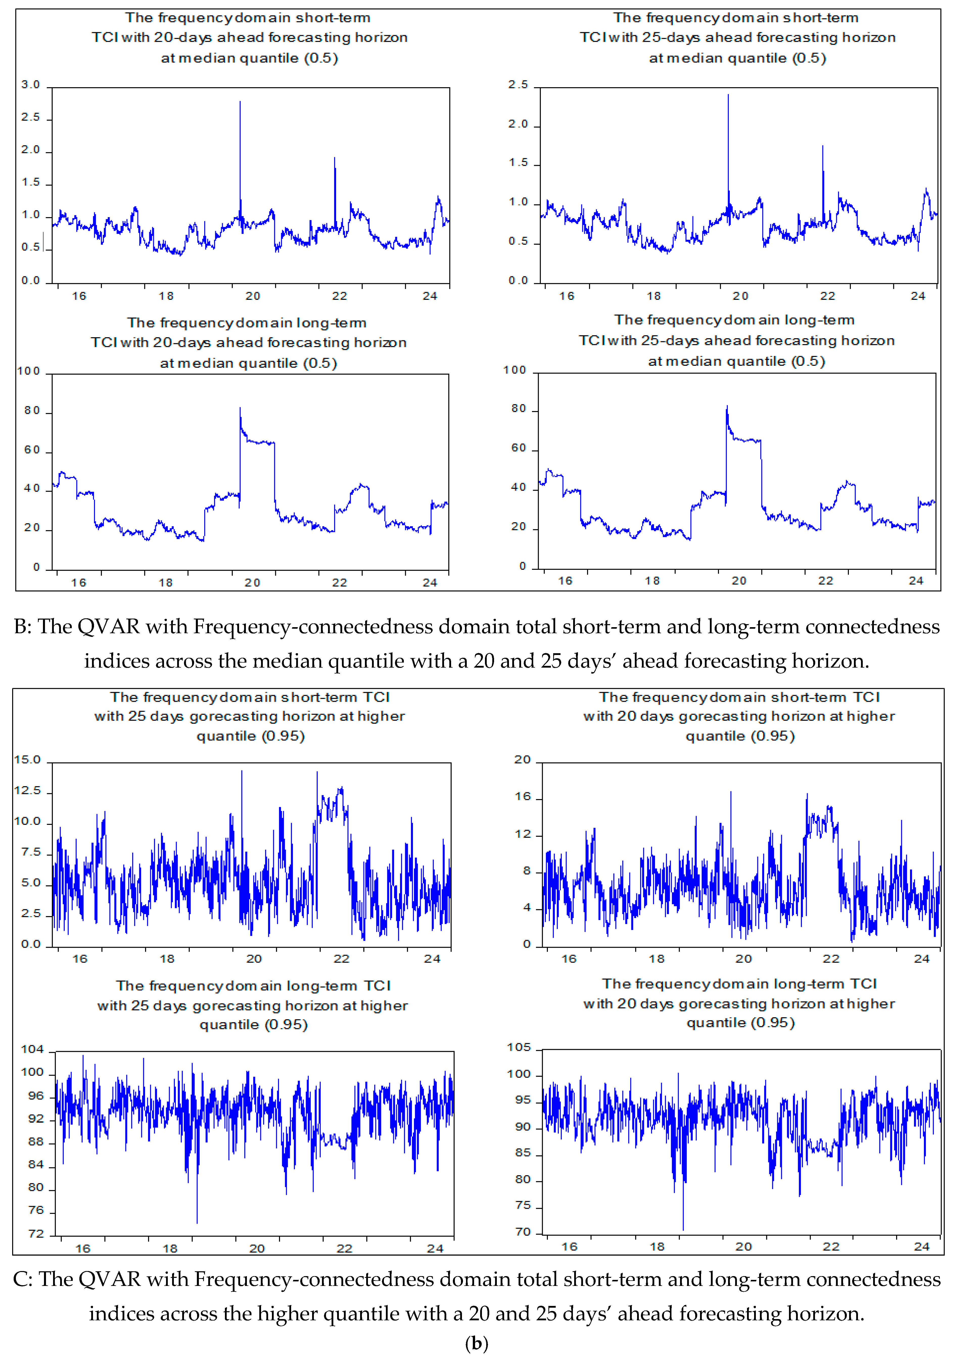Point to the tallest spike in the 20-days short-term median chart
click(240, 102)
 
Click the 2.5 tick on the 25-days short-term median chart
click(518, 85)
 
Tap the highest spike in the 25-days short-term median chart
click(728, 95)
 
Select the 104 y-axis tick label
click(33, 1049)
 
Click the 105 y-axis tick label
click(519, 1048)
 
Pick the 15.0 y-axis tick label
click(27, 760)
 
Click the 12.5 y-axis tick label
click(27, 791)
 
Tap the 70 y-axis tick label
click(523, 1232)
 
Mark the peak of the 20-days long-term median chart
click(240, 409)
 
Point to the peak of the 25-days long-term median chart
click(727, 407)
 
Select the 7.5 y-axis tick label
click(31, 852)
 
